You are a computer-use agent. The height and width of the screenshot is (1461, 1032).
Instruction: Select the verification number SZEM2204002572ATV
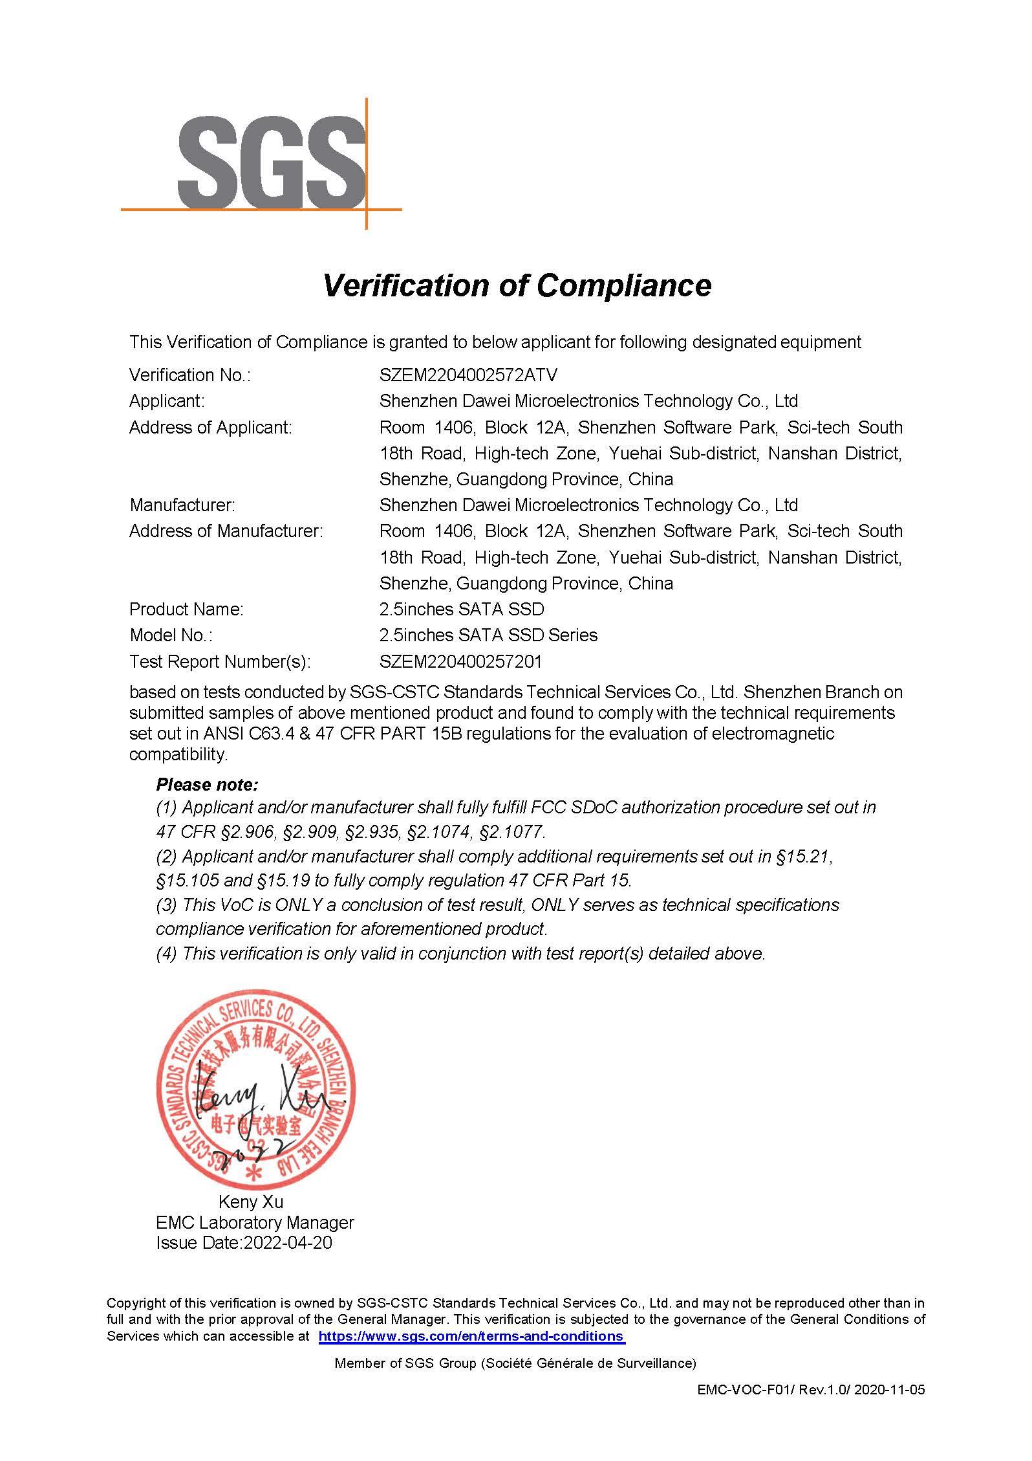point(468,375)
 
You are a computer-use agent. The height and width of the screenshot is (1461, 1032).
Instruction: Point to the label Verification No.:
point(189,375)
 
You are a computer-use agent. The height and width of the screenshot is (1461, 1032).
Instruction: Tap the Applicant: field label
point(166,401)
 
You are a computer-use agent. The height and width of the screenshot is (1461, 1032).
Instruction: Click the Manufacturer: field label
point(182,505)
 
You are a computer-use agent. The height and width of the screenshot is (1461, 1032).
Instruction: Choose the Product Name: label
point(186,610)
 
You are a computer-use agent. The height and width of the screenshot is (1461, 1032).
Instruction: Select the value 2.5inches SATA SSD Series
point(488,635)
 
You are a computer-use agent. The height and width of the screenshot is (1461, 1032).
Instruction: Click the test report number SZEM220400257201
point(460,662)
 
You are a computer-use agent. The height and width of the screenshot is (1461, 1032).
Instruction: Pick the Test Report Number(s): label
point(220,662)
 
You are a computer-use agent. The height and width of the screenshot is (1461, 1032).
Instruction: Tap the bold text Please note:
point(207,785)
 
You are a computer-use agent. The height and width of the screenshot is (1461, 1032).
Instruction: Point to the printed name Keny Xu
point(251,1202)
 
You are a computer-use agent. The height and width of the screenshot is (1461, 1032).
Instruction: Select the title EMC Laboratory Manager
point(255,1222)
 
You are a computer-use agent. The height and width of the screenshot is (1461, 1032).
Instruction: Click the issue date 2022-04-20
point(287,1242)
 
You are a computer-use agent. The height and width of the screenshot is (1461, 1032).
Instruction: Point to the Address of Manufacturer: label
point(226,531)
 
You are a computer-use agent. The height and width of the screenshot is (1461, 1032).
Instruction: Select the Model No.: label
point(171,635)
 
